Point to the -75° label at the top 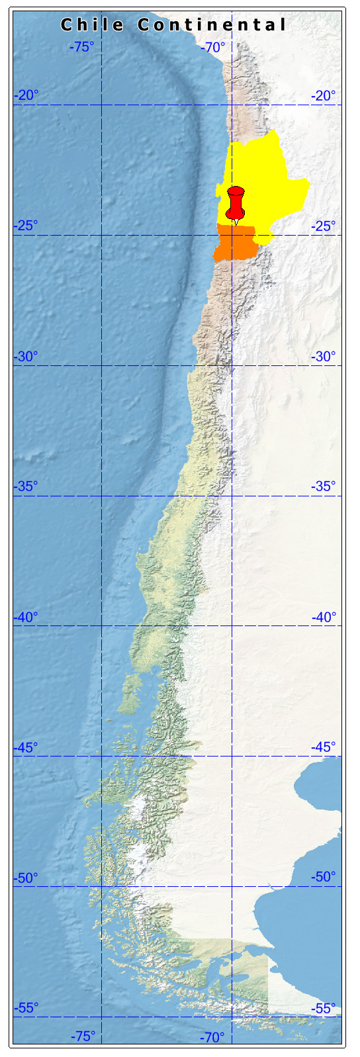point(83,47)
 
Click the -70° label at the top point(213,47)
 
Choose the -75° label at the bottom point(83,1036)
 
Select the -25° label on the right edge point(324,226)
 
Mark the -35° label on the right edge point(324,486)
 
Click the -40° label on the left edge point(26,617)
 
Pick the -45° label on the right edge point(324,747)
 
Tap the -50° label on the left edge point(26,878)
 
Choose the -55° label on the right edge point(324,1008)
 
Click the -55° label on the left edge point(26,1008)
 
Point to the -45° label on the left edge point(26,747)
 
